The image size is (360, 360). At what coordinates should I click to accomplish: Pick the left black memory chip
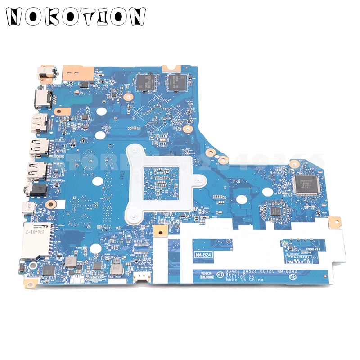146,80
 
